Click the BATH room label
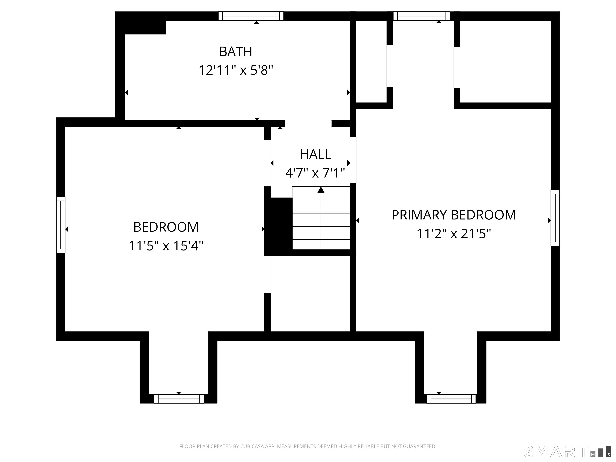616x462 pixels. point(236,52)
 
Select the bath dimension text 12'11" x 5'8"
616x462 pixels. point(236,70)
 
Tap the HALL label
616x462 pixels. point(315,154)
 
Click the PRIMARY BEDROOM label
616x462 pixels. point(454,215)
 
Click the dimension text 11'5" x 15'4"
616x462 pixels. point(166,246)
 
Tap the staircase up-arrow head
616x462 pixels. point(321,190)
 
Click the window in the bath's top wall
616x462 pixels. point(251,16)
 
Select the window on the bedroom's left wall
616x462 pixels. point(61,225)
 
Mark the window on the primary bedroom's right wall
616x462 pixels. point(555,218)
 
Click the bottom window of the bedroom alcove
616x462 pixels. point(179,399)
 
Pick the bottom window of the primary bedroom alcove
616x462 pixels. point(451,399)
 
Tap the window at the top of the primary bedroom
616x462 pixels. point(422,16)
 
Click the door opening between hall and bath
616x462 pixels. point(308,123)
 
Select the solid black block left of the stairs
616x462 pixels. point(278,226)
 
